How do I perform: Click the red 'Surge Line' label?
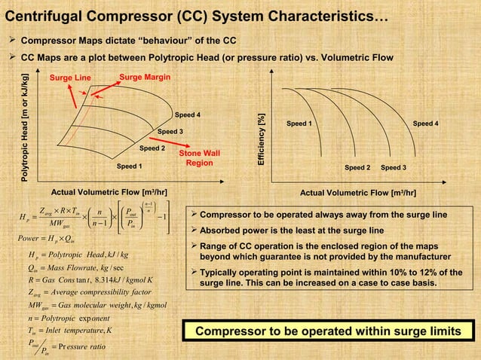70,78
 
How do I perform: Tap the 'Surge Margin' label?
145,77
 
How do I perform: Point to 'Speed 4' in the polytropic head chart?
188,115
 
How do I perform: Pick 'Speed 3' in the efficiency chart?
394,166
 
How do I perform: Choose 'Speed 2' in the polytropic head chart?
152,148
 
